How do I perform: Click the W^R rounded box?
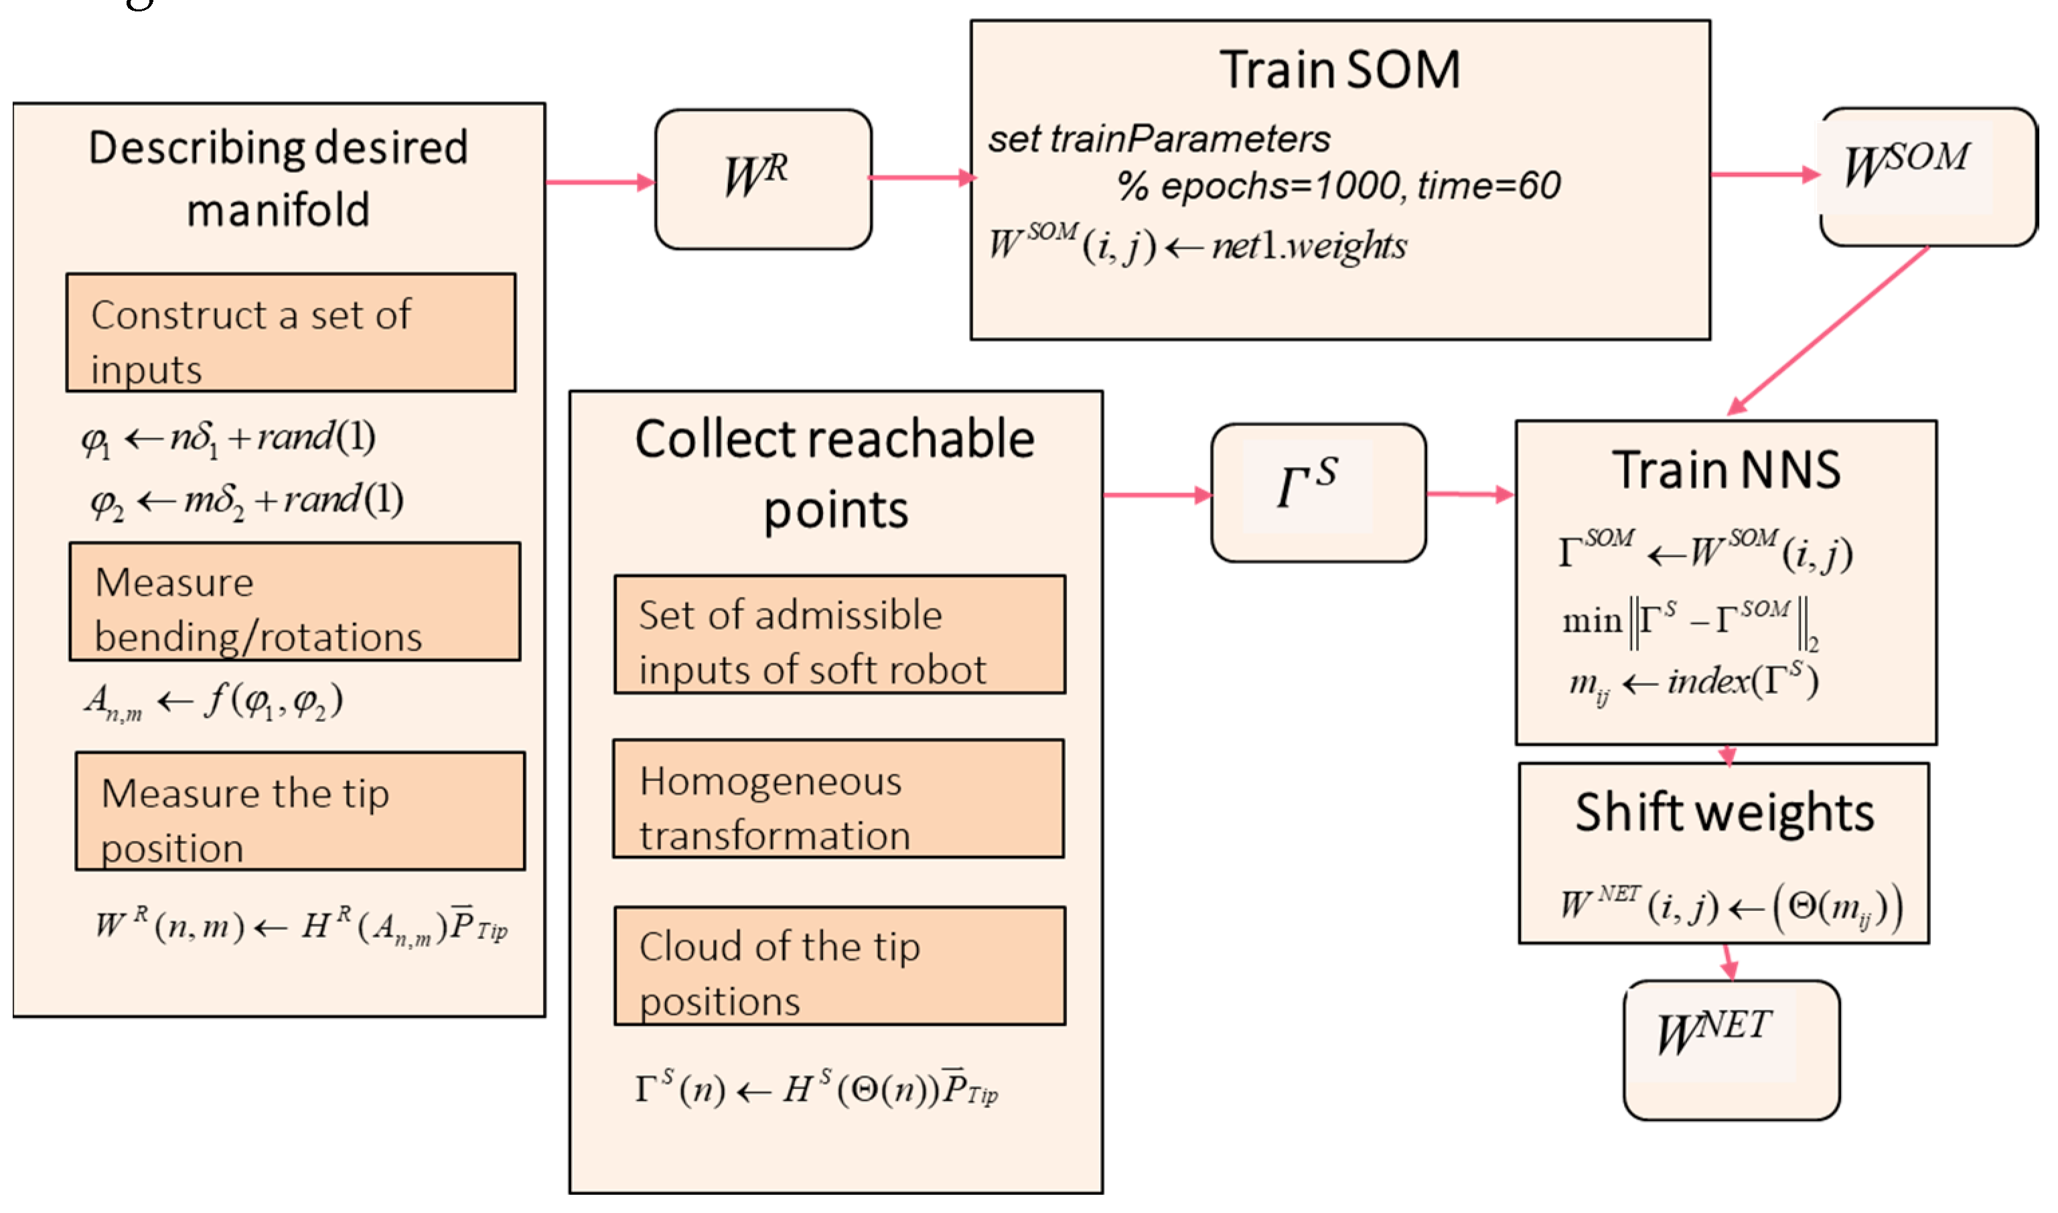click(x=763, y=179)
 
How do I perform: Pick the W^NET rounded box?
click(x=1731, y=1050)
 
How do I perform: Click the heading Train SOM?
click(x=1339, y=70)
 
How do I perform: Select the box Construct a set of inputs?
click(x=291, y=333)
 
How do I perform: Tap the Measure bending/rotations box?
click(x=294, y=601)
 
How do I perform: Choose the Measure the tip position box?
click(x=300, y=811)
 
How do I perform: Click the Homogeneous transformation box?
click(x=838, y=798)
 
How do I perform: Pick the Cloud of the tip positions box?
click(x=839, y=965)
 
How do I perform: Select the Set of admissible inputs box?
click(x=839, y=634)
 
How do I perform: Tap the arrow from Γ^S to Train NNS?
click(x=1469, y=494)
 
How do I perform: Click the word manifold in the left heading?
click(x=278, y=211)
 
